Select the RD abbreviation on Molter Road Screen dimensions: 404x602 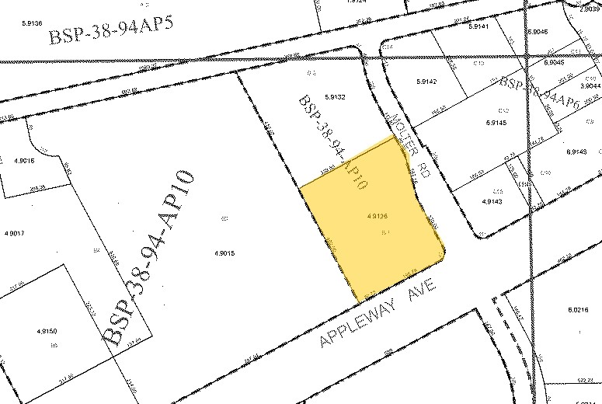tap(424, 169)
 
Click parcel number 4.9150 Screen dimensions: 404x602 tap(47, 332)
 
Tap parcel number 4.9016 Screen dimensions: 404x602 tap(24, 162)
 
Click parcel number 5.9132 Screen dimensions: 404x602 tap(336, 97)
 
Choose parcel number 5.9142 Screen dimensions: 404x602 tap(426, 81)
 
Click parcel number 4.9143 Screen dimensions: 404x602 tap(492, 200)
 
